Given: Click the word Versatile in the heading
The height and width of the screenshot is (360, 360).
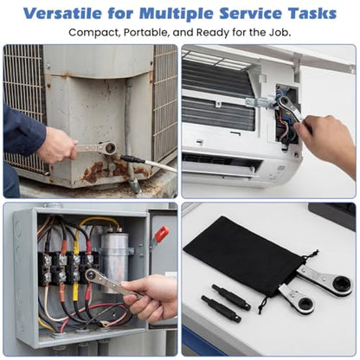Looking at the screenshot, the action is tap(62, 13).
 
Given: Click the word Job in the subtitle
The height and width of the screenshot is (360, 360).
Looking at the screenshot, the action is tap(279, 32).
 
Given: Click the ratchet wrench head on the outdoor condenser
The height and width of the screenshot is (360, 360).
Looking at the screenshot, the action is tap(110, 148).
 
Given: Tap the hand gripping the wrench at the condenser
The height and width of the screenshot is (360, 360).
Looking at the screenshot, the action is tap(59, 145).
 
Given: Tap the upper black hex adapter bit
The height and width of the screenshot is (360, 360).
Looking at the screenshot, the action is tap(231, 297).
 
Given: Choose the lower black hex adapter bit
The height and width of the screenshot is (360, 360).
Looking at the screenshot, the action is tap(222, 308).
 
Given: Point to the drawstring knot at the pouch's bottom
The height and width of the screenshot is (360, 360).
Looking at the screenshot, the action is tap(260, 309).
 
